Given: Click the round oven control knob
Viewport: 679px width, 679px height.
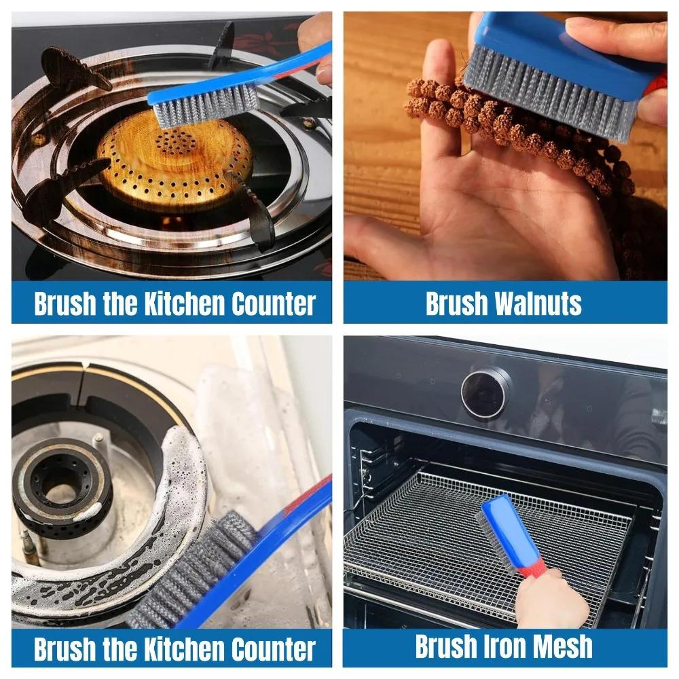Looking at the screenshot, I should (485, 392).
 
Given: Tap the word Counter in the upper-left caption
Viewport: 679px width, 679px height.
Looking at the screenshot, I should (273, 304).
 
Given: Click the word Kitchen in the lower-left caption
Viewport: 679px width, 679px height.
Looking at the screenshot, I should (184, 648).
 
